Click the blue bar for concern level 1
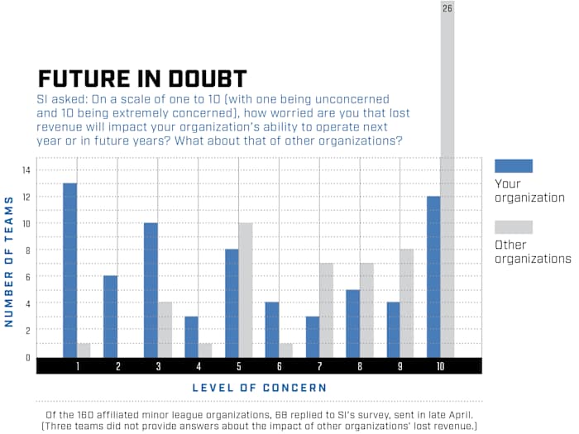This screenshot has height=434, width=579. (x=69, y=269)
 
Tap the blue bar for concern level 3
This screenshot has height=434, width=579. (x=151, y=289)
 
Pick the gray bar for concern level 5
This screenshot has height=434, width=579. (x=246, y=289)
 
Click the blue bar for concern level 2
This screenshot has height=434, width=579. (x=110, y=316)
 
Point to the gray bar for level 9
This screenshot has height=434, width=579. (x=407, y=303)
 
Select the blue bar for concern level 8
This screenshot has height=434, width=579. (x=352, y=323)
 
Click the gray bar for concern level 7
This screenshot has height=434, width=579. (x=326, y=309)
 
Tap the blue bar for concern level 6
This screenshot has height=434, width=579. (x=272, y=329)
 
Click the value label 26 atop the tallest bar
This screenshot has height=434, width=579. (x=447, y=8)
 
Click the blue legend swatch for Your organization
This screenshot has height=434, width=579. (x=513, y=165)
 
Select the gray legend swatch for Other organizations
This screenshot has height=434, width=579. (x=513, y=227)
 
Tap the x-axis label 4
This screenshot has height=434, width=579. (x=199, y=365)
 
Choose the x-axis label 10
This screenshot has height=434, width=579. (x=440, y=365)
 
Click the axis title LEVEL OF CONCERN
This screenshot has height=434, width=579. (x=259, y=387)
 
